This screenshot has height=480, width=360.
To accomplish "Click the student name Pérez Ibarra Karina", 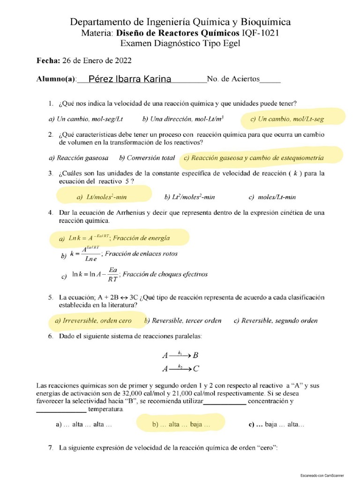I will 130,79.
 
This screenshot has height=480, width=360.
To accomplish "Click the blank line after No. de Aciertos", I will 270,80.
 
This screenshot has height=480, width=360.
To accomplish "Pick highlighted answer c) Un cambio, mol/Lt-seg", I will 287,119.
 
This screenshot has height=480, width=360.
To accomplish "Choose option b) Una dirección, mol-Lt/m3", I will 183,119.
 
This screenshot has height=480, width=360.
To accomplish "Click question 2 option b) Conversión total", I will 147,158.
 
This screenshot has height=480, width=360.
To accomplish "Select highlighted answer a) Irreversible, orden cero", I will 93,321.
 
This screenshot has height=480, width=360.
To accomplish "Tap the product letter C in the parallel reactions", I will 196,369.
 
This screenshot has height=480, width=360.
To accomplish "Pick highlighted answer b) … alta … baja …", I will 181,424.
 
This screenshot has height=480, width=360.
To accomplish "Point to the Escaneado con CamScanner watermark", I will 322,475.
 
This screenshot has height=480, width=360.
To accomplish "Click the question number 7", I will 51,448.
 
